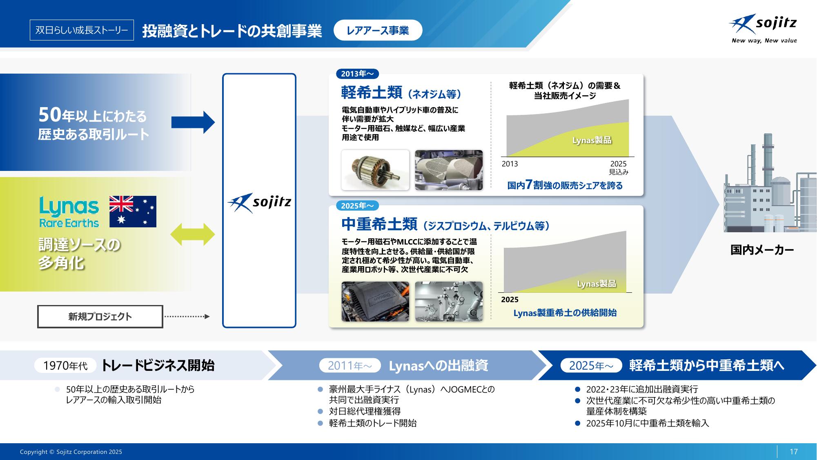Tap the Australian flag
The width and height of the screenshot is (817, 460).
point(133,211)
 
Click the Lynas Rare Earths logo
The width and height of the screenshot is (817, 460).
point(69,212)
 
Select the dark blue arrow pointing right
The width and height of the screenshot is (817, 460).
point(193,122)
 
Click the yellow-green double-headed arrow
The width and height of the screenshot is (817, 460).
point(192,234)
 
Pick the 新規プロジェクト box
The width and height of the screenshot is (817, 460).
point(100,316)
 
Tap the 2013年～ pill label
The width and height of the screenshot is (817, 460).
point(357,74)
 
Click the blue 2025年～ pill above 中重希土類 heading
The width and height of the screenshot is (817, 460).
point(357,206)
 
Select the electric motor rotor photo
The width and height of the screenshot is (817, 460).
point(375,170)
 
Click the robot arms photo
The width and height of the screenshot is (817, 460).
point(449,301)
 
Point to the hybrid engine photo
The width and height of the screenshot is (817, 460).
point(375,301)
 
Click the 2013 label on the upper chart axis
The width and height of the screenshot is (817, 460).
point(510,164)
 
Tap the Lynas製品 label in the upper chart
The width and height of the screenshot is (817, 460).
point(592,141)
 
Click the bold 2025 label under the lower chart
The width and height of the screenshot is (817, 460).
point(510,300)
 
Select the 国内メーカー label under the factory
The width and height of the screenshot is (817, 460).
point(762,250)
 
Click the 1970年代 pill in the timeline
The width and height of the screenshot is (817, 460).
point(65,366)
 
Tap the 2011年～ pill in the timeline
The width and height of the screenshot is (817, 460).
point(350,366)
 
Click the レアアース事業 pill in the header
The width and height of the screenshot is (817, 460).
point(378,31)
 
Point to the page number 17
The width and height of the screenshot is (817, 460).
point(793,452)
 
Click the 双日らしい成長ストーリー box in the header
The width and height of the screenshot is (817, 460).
point(82,30)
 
